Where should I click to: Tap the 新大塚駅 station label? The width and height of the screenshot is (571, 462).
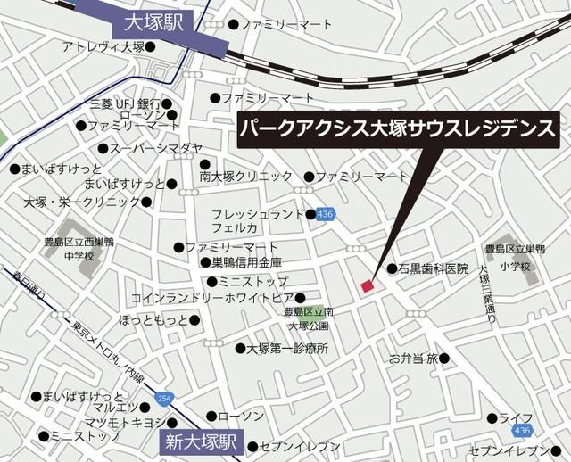coord(203,441)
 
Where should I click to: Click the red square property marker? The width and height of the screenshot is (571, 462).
coord(367,285)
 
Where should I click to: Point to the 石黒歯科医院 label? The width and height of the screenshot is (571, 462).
coord(432,268)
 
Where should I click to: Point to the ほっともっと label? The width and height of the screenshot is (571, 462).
coord(153,319)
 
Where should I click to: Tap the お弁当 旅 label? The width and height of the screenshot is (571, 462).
coord(413,359)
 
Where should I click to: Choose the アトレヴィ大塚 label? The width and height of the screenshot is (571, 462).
coord(103,46)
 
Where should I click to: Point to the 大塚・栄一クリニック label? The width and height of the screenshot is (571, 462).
coord(84,202)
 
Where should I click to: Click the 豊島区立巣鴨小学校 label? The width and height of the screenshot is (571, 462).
coord(515,258)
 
